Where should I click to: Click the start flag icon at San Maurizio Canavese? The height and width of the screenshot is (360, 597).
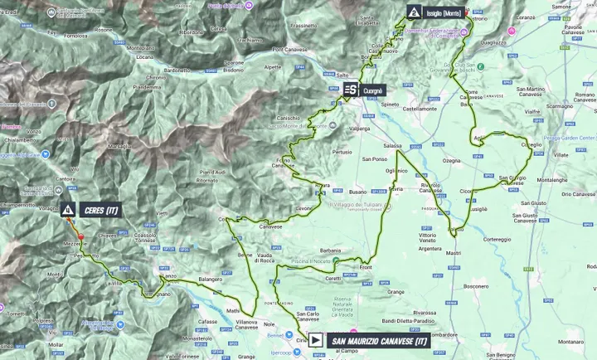coord(316,339)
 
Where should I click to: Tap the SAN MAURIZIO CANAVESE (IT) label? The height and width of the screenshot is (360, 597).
coord(377,339)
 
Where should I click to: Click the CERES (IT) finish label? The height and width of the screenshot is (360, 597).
coord(102,211)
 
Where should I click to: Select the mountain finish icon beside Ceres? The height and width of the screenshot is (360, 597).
coord(66,211)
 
